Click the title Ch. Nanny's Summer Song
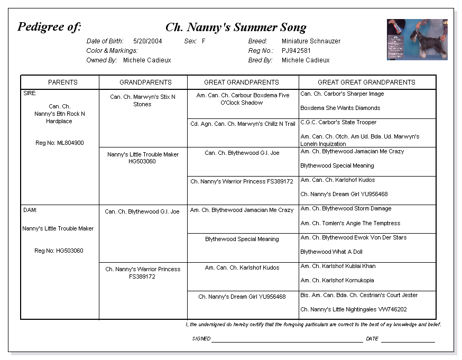(x=236, y=27)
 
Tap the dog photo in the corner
(x=417, y=40)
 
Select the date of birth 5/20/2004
(x=147, y=41)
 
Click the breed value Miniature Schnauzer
(x=311, y=41)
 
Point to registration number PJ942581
(x=296, y=51)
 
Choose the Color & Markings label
(x=112, y=51)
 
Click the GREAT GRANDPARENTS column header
(x=242, y=82)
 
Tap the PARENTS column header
(x=62, y=82)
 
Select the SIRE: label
(x=30, y=93)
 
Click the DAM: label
(x=30, y=210)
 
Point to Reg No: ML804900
(x=59, y=143)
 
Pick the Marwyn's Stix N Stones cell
(x=142, y=100)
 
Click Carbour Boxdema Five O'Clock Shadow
(x=243, y=99)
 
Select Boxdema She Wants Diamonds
(x=340, y=108)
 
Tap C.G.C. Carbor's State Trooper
(x=338, y=122)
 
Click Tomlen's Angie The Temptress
(x=350, y=223)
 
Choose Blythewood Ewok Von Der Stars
(x=353, y=237)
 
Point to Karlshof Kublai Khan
(x=338, y=266)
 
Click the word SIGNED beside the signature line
(x=201, y=338)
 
